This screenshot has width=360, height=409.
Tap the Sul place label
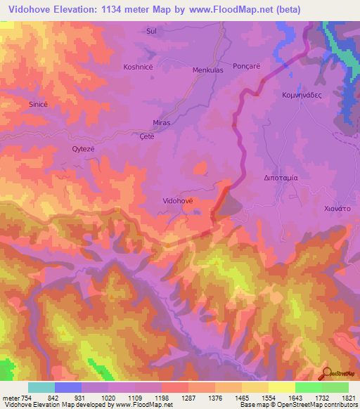tap(150, 32)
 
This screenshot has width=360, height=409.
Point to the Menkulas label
tap(207, 70)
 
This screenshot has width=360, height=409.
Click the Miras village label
tap(161, 122)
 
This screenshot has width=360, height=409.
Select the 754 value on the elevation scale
tap(21, 398)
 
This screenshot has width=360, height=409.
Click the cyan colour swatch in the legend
tap(41, 387)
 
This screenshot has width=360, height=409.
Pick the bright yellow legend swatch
tap(282, 387)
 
